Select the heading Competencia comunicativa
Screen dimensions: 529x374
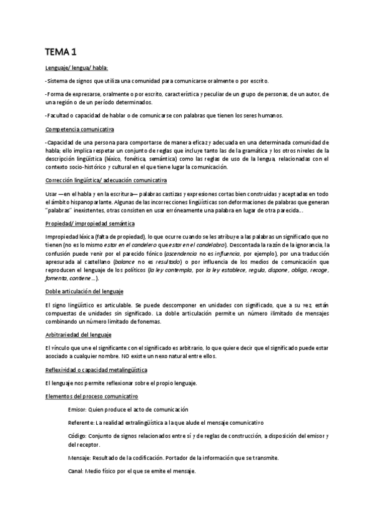click(79, 129)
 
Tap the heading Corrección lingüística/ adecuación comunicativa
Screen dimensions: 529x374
click(106, 180)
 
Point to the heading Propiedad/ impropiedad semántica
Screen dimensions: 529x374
click(90, 223)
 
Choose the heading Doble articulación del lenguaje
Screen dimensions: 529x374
click(85, 291)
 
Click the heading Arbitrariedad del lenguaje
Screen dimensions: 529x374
click(79, 335)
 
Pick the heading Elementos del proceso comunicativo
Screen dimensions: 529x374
click(92, 396)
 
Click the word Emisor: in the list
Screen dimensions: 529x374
click(79, 409)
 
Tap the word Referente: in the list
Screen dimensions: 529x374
click(83, 422)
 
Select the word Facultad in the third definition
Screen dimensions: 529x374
click(59, 115)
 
